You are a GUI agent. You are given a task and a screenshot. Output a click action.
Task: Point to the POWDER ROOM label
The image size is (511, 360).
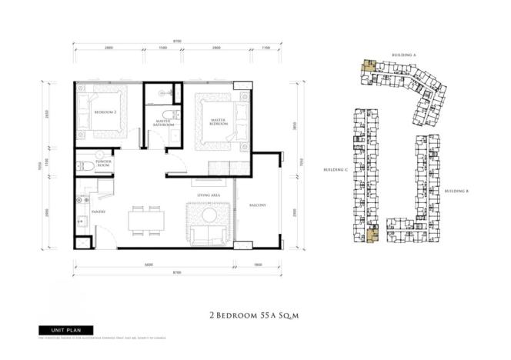point(104,164)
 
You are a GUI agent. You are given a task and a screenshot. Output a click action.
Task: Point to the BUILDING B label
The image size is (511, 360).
point(456,190)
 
